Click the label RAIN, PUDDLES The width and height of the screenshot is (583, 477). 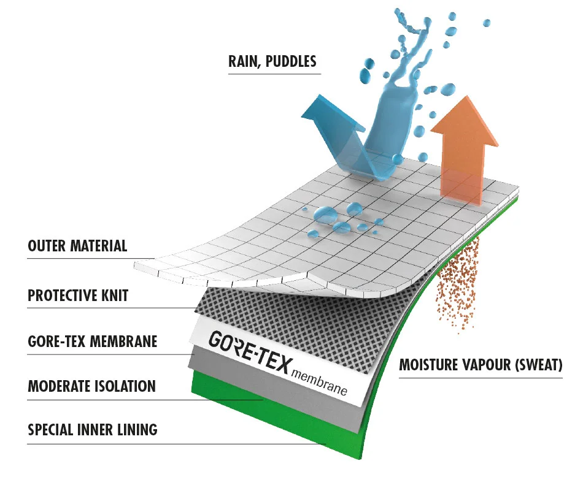tap(272, 62)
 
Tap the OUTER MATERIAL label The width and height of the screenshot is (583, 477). tap(77, 246)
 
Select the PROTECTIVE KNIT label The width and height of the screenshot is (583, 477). tap(78, 296)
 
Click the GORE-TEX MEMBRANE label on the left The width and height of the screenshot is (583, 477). tap(92, 341)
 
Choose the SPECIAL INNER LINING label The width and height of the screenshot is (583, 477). tap(93, 430)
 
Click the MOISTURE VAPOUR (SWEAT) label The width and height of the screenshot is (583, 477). tap(481, 366)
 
